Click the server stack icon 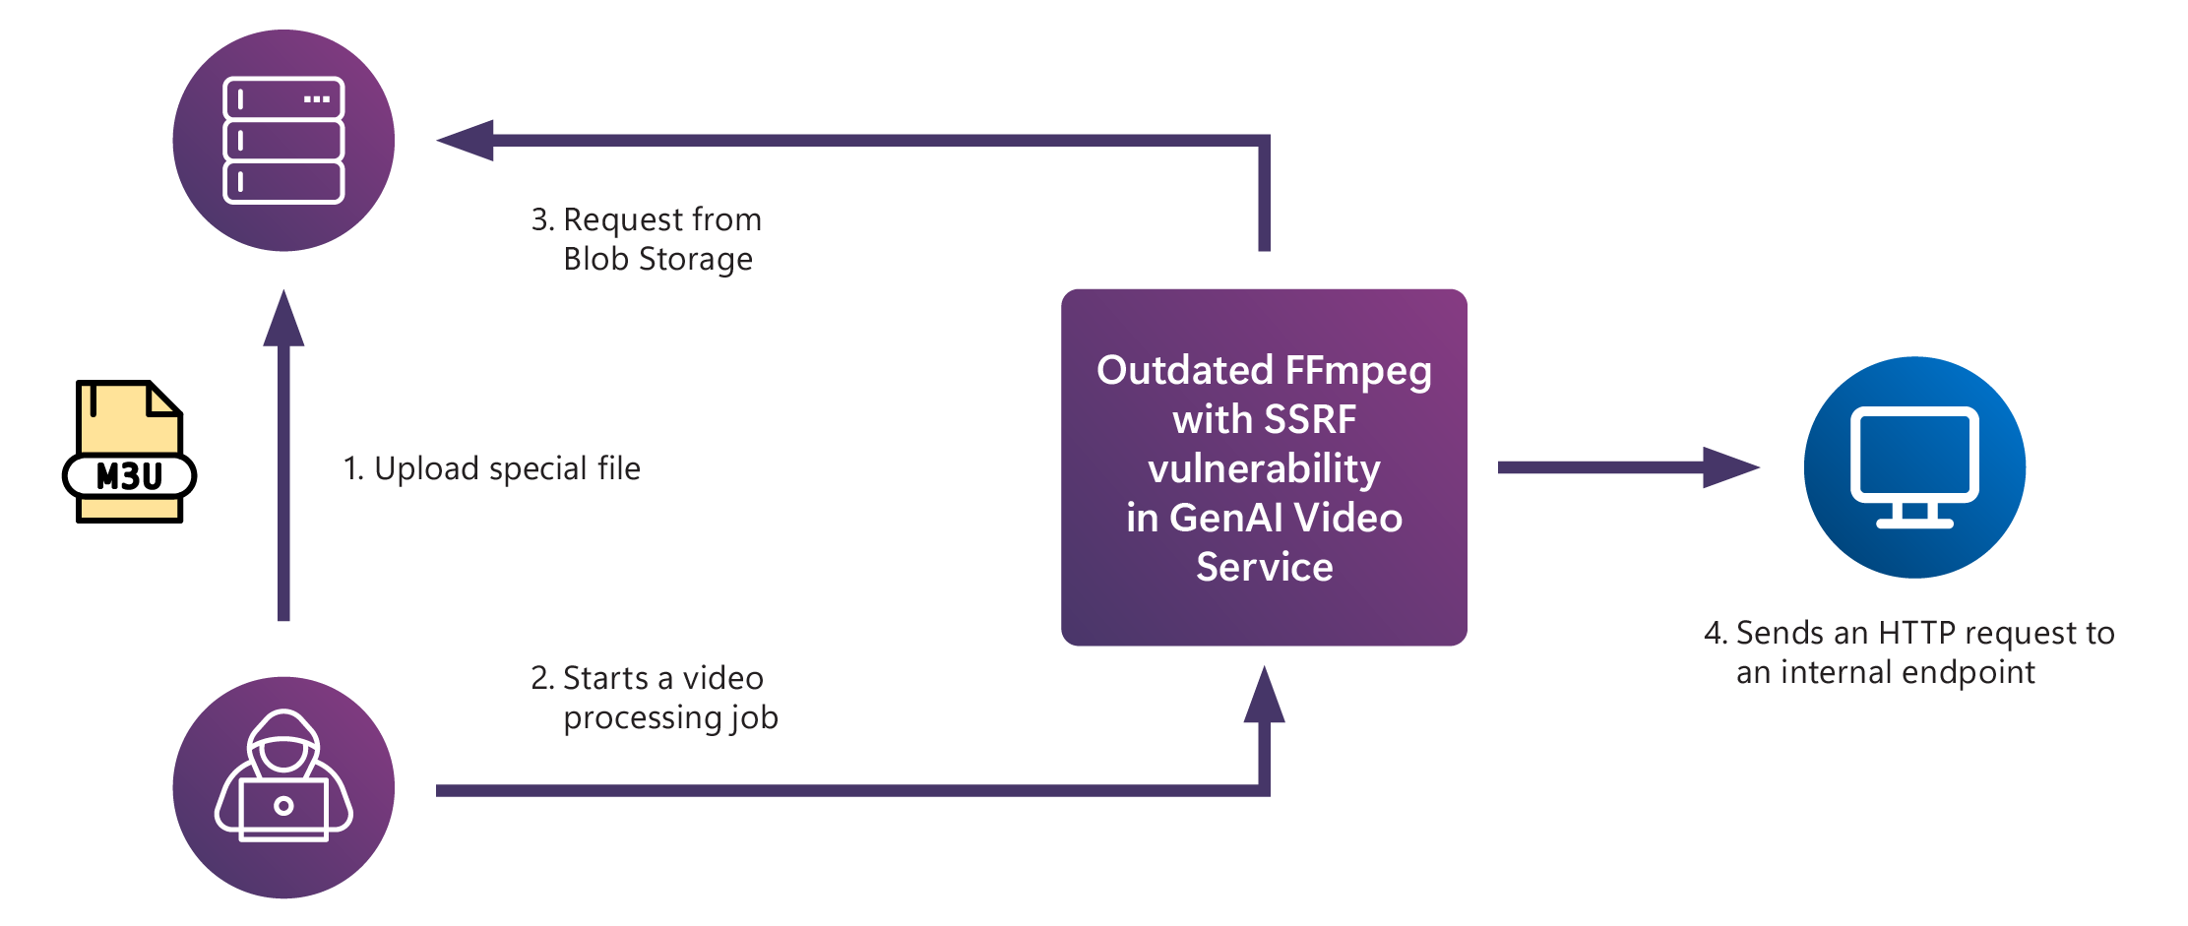pyautogui.click(x=283, y=141)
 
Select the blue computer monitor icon pyautogui.click(x=1914, y=467)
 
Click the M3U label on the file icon pyautogui.click(x=129, y=476)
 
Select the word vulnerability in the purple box pyautogui.click(x=1264, y=469)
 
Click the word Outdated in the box pyautogui.click(x=1185, y=371)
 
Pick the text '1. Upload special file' pyautogui.click(x=491, y=468)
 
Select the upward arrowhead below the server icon pyautogui.click(x=283, y=319)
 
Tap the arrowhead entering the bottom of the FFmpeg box pyautogui.click(x=1264, y=696)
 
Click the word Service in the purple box pyautogui.click(x=1264, y=568)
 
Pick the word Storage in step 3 pyautogui.click(x=696, y=259)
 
